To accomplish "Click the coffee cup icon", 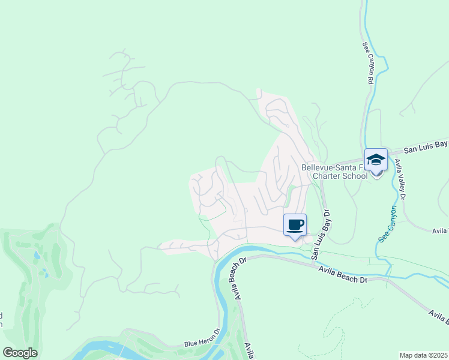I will pyautogui.click(x=295, y=225).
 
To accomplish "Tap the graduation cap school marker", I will pyautogui.click(x=376, y=160).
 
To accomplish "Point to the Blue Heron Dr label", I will pyautogui.click(x=202, y=343).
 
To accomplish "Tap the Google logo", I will pyautogui.click(x=20, y=353).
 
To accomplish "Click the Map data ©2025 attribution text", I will pyautogui.click(x=424, y=355).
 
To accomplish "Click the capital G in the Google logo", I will pyautogui.click(x=8, y=353).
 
